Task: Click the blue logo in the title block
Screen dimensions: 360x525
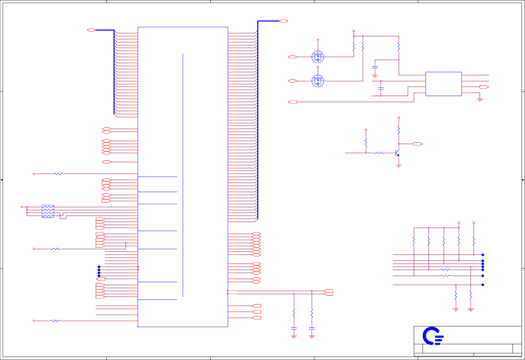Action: pyautogui.click(x=433, y=336)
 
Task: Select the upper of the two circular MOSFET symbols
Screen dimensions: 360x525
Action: pyautogui.click(x=318, y=57)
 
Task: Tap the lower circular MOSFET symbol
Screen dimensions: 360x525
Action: pyautogui.click(x=318, y=81)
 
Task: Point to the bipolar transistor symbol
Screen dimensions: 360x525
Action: pyautogui.click(x=397, y=153)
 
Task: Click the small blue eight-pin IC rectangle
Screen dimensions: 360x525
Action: pyautogui.click(x=443, y=84)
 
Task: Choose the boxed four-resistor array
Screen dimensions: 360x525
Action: pyautogui.click(x=48, y=211)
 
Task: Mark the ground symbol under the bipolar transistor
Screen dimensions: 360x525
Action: pyautogui.click(x=399, y=166)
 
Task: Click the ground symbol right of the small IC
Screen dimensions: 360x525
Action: pyautogui.click(x=480, y=100)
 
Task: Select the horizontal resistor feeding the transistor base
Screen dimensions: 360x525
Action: pyautogui.click(x=379, y=153)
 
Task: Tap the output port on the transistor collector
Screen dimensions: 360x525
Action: pyautogui.click(x=418, y=144)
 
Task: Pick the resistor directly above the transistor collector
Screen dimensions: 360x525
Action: pyautogui.click(x=399, y=130)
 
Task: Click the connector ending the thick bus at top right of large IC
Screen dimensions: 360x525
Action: pyautogui.click(x=283, y=21)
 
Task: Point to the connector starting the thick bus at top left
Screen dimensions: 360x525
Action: pyautogui.click(x=91, y=30)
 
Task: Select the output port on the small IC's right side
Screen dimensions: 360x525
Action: pyautogui.click(x=484, y=87)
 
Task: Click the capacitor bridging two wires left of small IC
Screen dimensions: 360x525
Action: pyautogui.click(x=381, y=88)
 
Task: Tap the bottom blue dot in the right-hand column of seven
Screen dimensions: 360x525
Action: pyautogui.click(x=483, y=285)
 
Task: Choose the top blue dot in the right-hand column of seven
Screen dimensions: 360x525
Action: pyautogui.click(x=483, y=255)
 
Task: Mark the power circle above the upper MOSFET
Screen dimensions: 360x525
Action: pyautogui.click(x=318, y=40)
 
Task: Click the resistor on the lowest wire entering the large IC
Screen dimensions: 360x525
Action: pyautogui.click(x=55, y=321)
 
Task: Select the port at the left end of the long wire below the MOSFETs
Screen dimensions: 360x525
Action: pyautogui.click(x=293, y=102)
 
